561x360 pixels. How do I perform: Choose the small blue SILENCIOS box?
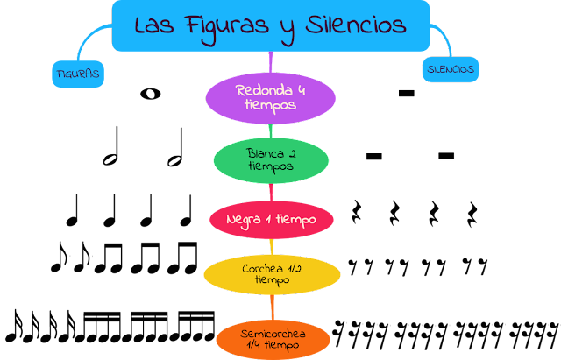click(x=452, y=67)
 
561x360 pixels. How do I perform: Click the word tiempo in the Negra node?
click(x=292, y=219)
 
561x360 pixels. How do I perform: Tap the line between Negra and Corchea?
click(x=273, y=245)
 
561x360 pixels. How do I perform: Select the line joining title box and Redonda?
click(x=272, y=61)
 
